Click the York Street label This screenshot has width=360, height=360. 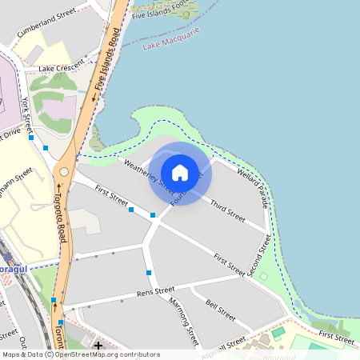tap(27, 114)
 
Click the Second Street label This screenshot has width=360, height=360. tap(259, 256)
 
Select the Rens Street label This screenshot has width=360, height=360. tap(156, 291)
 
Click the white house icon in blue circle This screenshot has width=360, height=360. tap(180, 172)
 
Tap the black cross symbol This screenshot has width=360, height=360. tap(98, 346)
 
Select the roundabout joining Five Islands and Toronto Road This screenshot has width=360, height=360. tap(64, 171)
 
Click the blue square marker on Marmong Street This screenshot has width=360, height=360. tap(149, 274)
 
